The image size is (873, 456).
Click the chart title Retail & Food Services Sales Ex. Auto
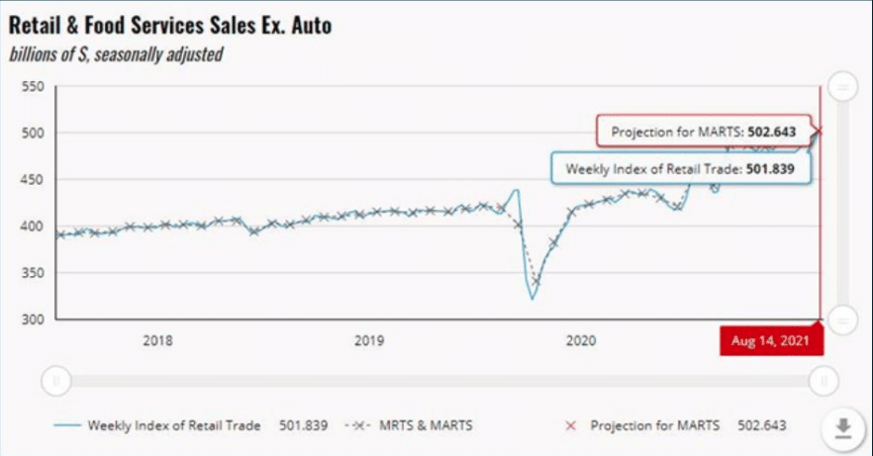click(x=170, y=26)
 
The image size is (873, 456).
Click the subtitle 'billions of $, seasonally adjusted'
click(x=116, y=54)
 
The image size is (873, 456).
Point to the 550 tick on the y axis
click(x=34, y=87)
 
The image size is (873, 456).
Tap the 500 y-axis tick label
click(x=34, y=134)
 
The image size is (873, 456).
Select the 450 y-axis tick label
click(x=34, y=180)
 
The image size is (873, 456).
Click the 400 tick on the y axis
click(x=34, y=227)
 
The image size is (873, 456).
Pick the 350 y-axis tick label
click(x=34, y=273)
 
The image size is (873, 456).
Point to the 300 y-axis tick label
click(x=34, y=319)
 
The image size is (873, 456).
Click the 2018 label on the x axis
click(x=157, y=341)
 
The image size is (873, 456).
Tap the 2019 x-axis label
click(x=369, y=341)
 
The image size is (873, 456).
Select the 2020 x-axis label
click(x=580, y=341)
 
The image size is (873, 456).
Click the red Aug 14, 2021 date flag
click(x=771, y=341)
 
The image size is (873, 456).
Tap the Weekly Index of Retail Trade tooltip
click(x=680, y=169)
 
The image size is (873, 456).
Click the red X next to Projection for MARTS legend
click(x=570, y=425)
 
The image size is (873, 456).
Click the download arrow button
click(x=843, y=427)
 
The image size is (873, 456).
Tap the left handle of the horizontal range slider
click(x=56, y=379)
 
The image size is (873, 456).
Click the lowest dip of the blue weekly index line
click(x=532, y=298)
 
